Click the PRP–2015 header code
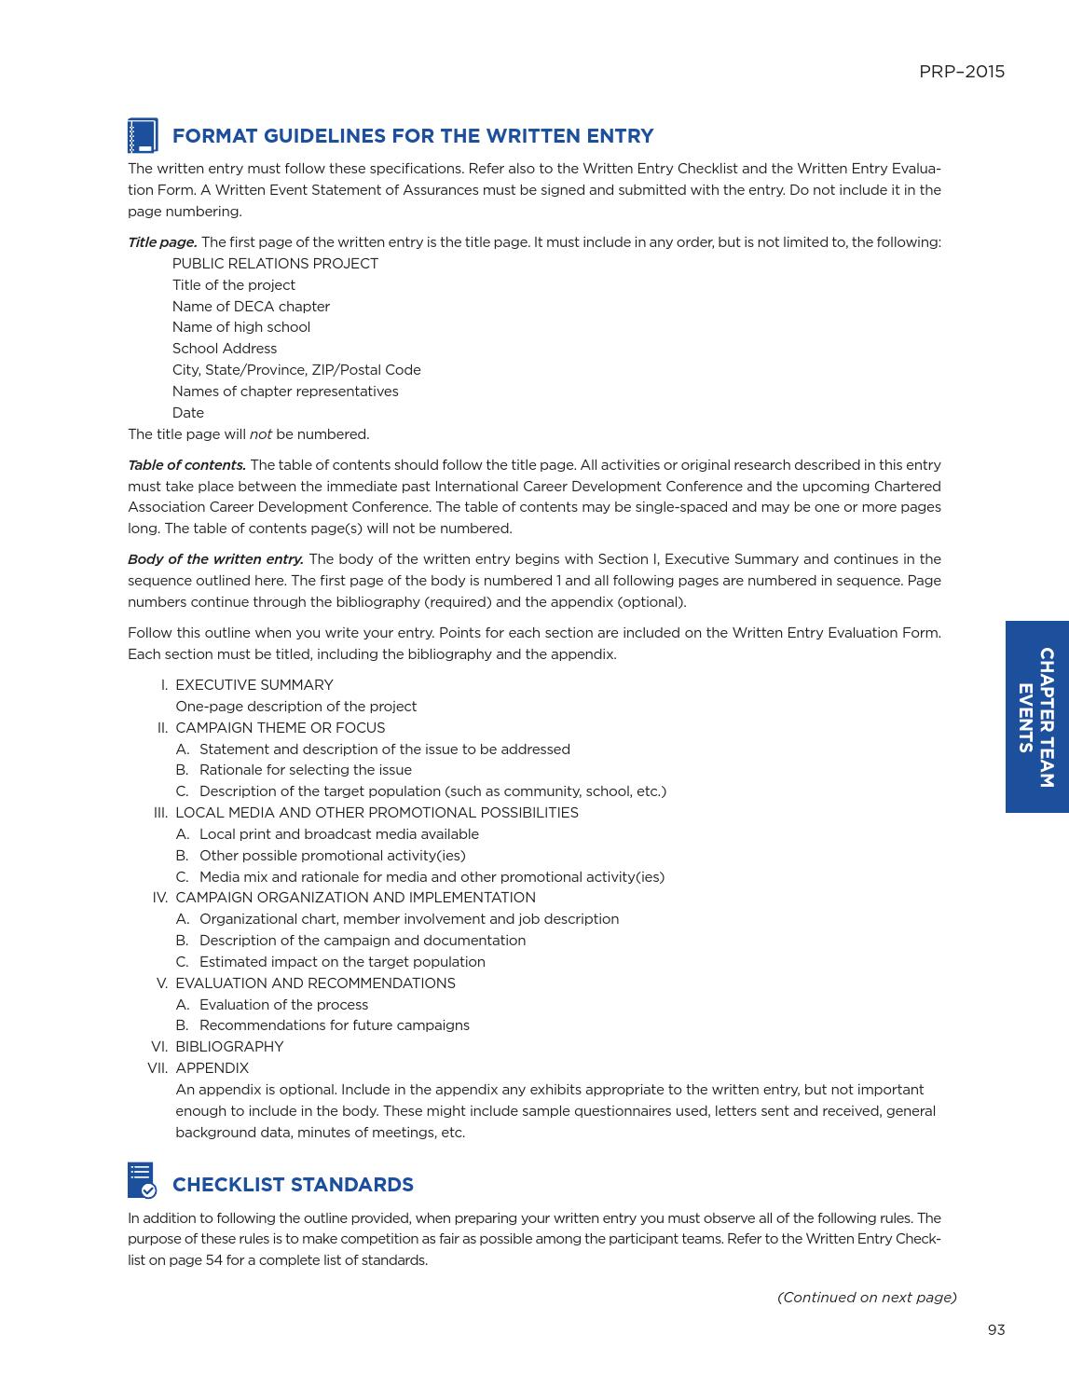coord(961,72)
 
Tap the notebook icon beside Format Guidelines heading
coord(143,136)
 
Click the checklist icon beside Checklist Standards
coord(142,1180)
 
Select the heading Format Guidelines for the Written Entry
coord(413,136)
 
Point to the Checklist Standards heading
coord(293,1185)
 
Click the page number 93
coord(996,1330)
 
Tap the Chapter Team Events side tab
coord(1036,717)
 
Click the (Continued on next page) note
coord(867,1298)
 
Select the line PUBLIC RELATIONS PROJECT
coord(275,264)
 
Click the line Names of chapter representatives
coord(285,392)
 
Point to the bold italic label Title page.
coord(162,242)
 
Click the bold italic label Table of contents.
coord(186,465)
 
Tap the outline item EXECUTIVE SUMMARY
coord(254,685)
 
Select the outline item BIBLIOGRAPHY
coord(229,1047)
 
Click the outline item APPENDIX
coord(212,1068)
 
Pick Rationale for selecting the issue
coord(305,770)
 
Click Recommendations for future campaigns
coord(334,1025)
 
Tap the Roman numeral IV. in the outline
coord(160,898)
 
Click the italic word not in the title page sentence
coord(260,434)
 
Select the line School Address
coord(225,349)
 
